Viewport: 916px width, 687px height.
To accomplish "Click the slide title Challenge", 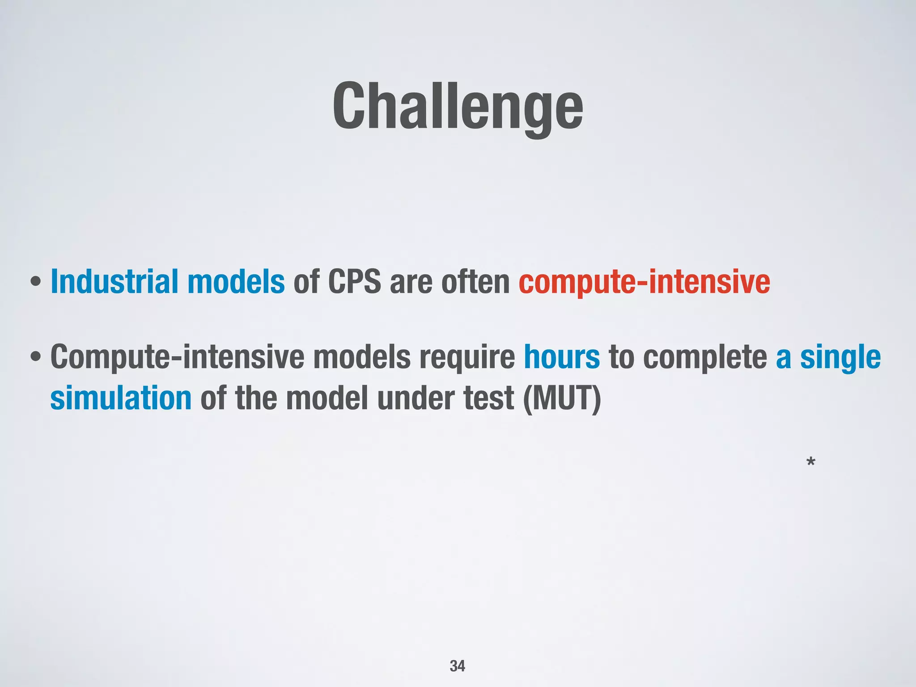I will (458, 107).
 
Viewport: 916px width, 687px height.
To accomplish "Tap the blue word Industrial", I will (114, 282).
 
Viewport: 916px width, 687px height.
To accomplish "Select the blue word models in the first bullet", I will (236, 282).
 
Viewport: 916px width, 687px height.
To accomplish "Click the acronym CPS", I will (354, 282).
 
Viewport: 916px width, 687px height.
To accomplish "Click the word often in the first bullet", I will (475, 282).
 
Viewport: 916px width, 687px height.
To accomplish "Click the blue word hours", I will (562, 357).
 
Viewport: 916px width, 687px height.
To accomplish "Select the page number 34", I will (457, 666).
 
